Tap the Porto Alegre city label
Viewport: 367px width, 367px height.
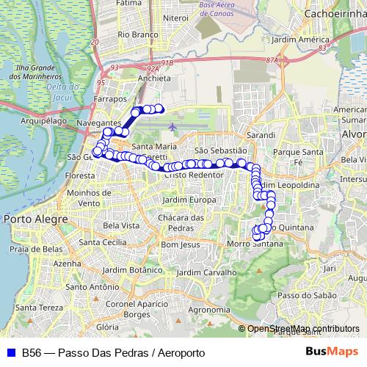33,218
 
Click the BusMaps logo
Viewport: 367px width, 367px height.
331,352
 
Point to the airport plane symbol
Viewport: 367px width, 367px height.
172,126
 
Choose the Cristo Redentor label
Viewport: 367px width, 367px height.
194,175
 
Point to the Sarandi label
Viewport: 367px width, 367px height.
261,135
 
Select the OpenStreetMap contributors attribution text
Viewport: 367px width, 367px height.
302,329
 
